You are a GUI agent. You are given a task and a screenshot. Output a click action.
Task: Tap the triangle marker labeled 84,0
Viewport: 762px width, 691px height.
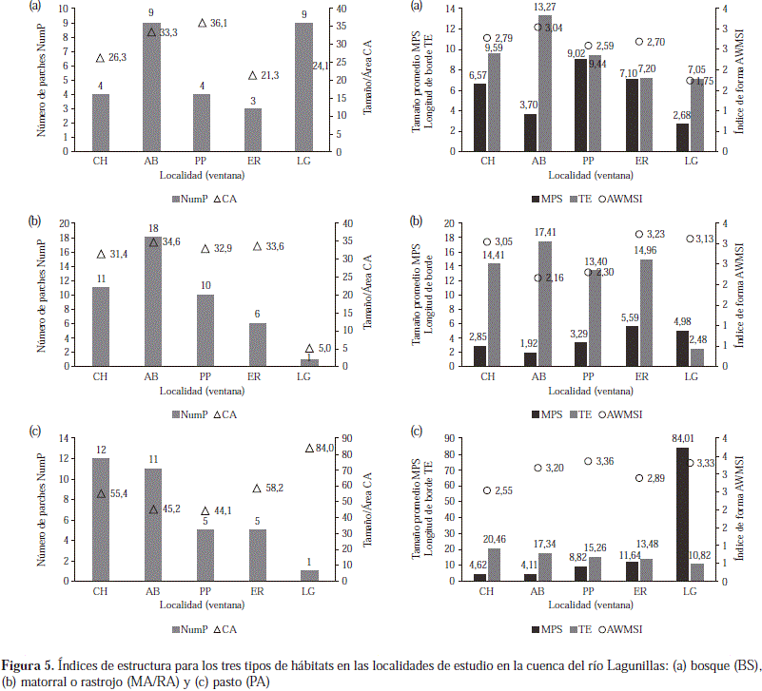(309, 448)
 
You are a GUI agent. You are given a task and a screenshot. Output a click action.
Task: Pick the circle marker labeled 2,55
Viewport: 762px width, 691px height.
(487, 490)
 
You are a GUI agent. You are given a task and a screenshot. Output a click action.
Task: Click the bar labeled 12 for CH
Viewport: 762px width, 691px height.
(101, 520)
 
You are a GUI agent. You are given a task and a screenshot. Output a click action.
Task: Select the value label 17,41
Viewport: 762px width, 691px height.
(545, 232)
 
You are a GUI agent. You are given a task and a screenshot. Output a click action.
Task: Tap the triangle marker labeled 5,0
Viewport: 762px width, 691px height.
(309, 349)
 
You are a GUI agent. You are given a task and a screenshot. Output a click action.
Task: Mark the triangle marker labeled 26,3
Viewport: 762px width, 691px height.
(100, 58)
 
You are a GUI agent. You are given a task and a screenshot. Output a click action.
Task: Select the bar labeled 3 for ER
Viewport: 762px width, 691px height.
(252, 129)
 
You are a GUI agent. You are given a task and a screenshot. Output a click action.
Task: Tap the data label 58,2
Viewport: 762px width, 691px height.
(271, 488)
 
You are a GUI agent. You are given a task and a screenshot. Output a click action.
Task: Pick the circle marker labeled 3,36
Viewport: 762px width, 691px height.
(589, 461)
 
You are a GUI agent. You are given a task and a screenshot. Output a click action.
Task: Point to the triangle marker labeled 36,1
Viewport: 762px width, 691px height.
(202, 23)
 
